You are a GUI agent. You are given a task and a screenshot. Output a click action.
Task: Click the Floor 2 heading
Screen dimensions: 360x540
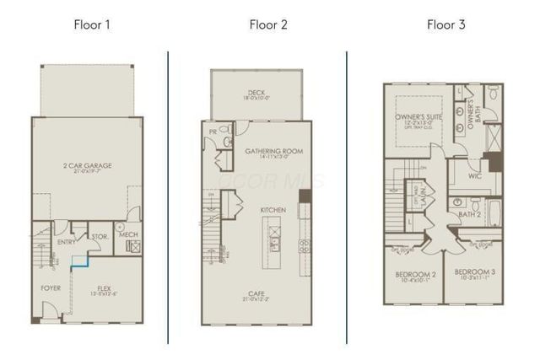pos(268,24)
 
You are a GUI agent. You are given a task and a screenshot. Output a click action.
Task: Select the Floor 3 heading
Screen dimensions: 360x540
pos(445,24)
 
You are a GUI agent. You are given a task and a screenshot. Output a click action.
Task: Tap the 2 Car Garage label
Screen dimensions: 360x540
pos(87,167)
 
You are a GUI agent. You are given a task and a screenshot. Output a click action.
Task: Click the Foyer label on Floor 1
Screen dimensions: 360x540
pos(51,287)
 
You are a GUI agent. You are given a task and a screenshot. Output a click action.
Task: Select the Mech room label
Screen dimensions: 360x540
pos(129,234)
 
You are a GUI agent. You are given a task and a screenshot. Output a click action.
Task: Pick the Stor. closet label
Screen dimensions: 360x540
pos(99,237)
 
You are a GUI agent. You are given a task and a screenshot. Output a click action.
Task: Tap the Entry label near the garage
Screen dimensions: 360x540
pos(67,242)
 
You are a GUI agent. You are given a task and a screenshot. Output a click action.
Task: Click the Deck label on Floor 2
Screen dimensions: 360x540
pos(256,94)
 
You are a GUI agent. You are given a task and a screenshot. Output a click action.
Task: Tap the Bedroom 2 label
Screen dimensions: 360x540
pos(416,276)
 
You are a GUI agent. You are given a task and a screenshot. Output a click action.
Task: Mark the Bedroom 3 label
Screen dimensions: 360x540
pos(475,273)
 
